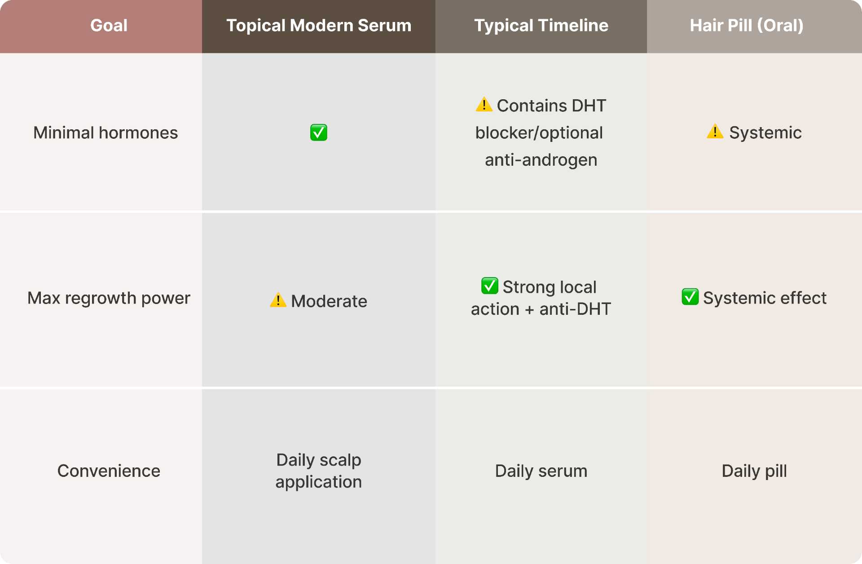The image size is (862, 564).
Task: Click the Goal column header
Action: click(109, 26)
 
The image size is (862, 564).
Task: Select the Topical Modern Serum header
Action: click(319, 26)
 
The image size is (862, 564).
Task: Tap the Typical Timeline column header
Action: click(541, 26)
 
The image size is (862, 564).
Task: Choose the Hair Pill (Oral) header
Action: click(746, 26)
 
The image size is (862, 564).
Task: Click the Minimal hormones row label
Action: click(106, 133)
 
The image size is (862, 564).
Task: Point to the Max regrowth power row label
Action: click(109, 298)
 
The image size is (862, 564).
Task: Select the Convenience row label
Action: click(109, 471)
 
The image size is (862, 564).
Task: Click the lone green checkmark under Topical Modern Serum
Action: click(319, 133)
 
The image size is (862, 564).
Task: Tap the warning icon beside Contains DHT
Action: click(484, 105)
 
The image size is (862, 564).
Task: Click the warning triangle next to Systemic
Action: click(715, 132)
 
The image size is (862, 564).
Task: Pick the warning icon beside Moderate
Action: click(278, 300)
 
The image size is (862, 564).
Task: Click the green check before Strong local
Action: click(489, 286)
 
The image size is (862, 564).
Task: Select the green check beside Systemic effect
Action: click(690, 297)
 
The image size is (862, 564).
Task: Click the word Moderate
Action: click(329, 301)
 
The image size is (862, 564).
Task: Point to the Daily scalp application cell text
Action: click(319, 471)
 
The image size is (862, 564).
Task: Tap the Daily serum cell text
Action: click(541, 471)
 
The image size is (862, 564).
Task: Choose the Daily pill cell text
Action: click(754, 471)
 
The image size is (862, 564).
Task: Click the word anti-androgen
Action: click(541, 160)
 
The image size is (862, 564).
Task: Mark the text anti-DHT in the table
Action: click(575, 309)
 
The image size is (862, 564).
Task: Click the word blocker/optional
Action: click(539, 133)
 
